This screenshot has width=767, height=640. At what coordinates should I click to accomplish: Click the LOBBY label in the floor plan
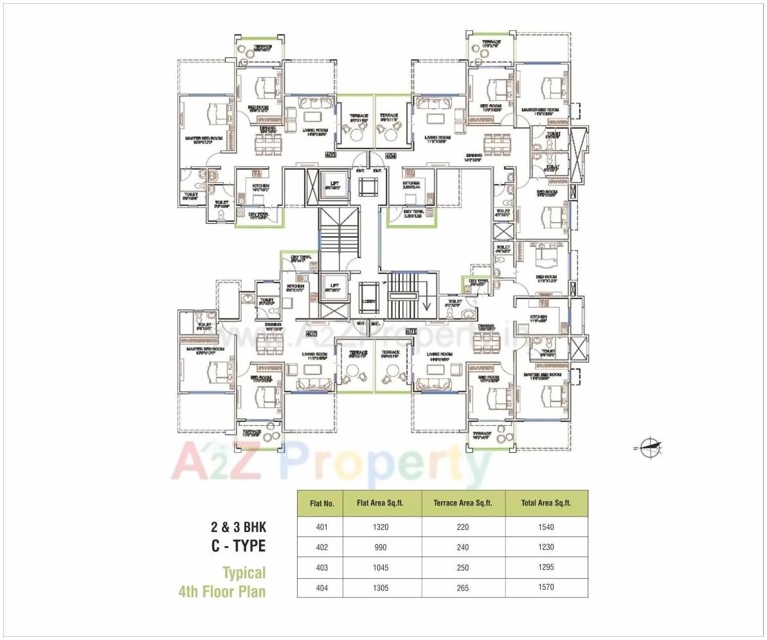pos(369,301)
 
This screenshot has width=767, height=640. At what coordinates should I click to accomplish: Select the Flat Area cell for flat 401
pos(381,527)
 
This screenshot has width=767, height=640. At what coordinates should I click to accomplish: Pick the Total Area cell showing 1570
pos(546,587)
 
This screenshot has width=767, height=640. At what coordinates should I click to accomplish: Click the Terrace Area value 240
pos(463,547)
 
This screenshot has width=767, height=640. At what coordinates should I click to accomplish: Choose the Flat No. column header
pos(321,503)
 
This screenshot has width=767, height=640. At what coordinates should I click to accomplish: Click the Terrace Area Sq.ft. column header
pos(463,503)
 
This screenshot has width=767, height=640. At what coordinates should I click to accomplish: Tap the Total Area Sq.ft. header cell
pos(546,503)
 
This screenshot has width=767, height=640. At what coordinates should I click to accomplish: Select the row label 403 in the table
pos(321,567)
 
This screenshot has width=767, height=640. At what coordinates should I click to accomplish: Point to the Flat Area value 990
pos(381,547)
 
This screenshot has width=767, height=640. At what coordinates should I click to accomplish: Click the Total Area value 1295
pos(546,567)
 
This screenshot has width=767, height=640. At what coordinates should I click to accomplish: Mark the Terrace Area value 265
pos(463,587)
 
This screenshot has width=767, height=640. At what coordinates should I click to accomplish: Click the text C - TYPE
pos(238,547)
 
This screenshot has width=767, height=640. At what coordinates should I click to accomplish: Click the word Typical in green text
pos(244,572)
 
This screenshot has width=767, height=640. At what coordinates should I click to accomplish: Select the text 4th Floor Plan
pos(222,591)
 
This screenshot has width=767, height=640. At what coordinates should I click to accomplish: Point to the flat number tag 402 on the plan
pos(312,334)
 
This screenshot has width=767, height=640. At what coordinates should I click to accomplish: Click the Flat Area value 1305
pos(381,587)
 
